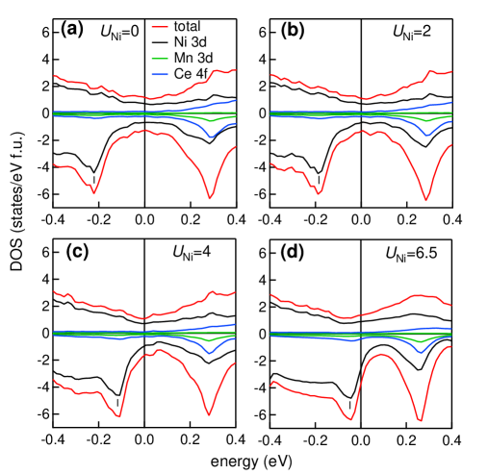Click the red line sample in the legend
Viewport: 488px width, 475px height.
coord(160,27)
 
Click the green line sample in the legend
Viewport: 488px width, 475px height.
coord(160,59)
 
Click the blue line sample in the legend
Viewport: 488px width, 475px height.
coord(160,74)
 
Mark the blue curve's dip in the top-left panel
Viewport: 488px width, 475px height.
coord(212,137)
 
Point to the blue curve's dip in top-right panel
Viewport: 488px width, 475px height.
coord(427,135)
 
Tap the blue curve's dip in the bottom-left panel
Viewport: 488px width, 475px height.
coord(210,354)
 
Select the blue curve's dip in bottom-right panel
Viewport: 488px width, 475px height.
coord(421,352)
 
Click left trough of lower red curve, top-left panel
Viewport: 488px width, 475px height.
coord(93,192)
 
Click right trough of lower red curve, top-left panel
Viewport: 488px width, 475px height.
coord(210,198)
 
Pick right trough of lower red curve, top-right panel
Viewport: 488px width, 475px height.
coord(425,200)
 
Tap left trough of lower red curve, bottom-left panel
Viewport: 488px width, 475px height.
coord(118,416)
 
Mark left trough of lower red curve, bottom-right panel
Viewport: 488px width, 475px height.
coord(350,419)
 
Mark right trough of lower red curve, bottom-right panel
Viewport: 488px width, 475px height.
coord(420,421)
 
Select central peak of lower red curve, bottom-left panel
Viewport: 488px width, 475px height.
coord(159,349)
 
